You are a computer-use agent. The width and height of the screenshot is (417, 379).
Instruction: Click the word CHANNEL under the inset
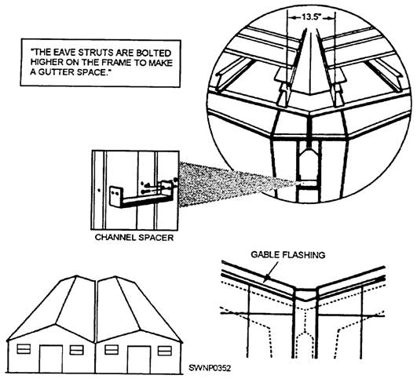click(115, 237)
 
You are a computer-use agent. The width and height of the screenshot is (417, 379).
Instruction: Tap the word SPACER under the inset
click(155, 237)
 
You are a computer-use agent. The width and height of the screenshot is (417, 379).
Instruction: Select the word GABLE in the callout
click(265, 255)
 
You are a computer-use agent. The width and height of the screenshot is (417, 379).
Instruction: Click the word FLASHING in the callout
click(304, 255)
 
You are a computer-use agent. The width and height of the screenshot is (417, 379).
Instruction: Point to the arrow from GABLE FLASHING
click(271, 271)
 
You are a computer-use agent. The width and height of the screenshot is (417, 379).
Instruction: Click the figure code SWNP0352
click(210, 368)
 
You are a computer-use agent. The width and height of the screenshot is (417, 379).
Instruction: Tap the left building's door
click(51, 359)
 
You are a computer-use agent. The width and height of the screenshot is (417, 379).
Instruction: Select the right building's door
click(139, 359)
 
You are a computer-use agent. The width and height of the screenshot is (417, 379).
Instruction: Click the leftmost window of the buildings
click(24, 349)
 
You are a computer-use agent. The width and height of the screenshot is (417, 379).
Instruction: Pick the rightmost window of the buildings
click(165, 350)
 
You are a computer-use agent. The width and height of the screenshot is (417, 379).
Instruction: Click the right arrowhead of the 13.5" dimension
click(330, 18)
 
